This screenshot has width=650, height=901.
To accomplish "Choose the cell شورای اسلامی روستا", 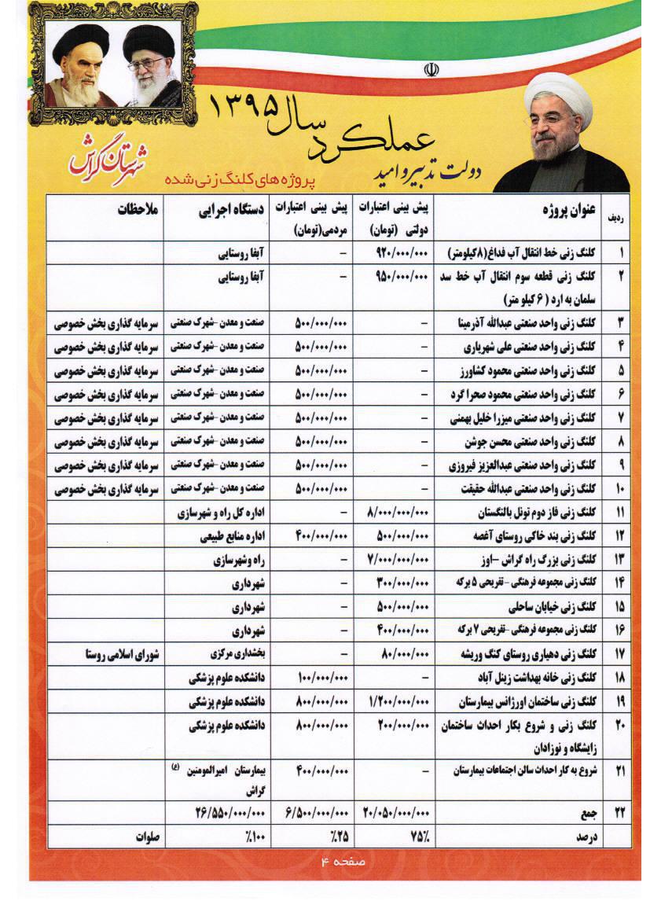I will coord(123,654).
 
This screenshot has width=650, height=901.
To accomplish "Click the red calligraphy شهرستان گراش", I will coord(106,156).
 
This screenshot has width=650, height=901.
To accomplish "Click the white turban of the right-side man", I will coord(559,90).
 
